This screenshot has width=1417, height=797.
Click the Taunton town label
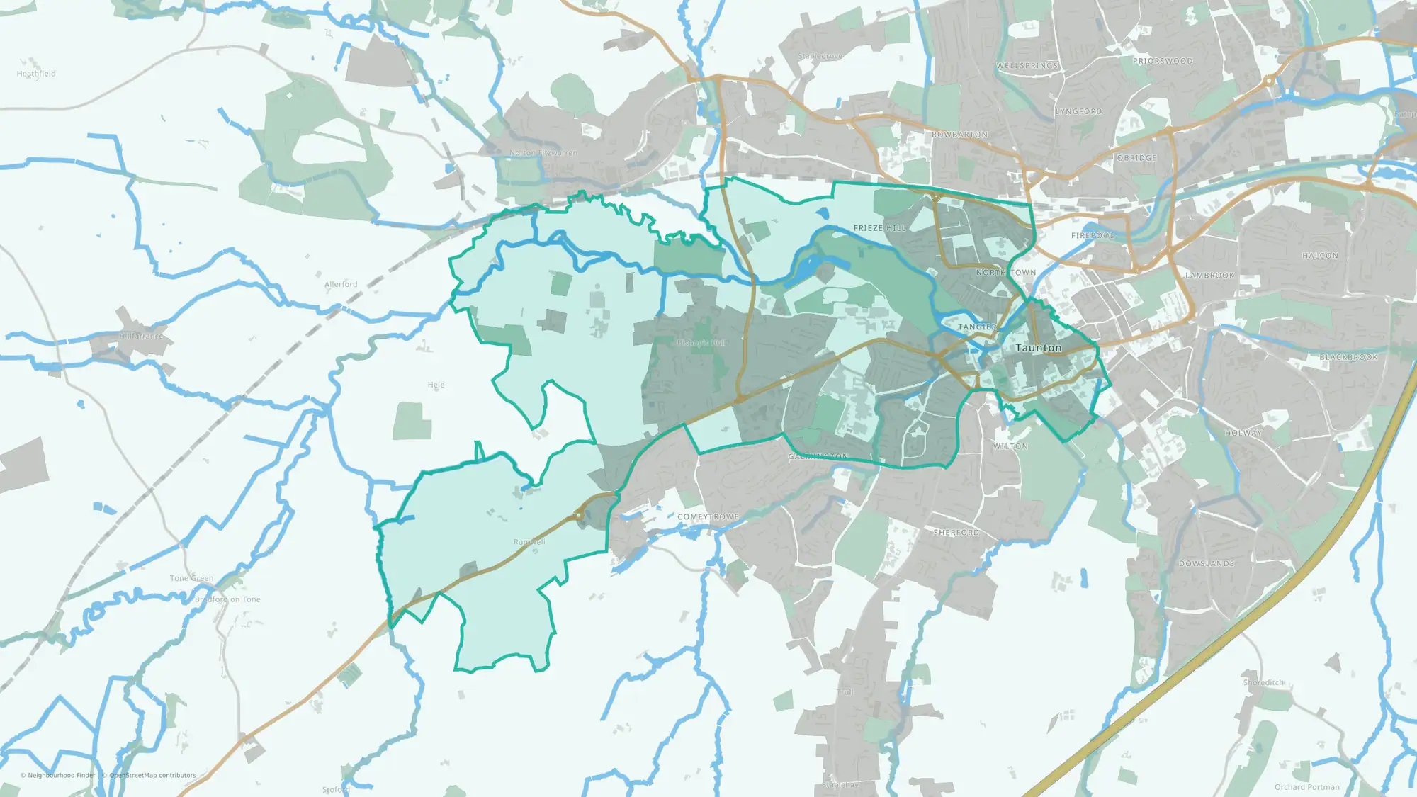pyautogui.click(x=1038, y=348)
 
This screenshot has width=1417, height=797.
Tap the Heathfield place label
pyautogui.click(x=36, y=74)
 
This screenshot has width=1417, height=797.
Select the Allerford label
pyautogui.click(x=341, y=284)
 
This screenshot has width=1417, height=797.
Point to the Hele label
pyautogui.click(x=436, y=385)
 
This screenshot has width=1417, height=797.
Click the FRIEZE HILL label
pyautogui.click(x=879, y=228)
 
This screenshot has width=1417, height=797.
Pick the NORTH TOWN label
pyautogui.click(x=1005, y=273)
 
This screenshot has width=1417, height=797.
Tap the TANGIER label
pyautogui.click(x=977, y=327)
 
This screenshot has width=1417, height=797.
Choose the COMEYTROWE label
pyautogui.click(x=708, y=517)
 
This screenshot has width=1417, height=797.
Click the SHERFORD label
pyautogui.click(x=956, y=533)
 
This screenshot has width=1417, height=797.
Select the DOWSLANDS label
pyautogui.click(x=1206, y=564)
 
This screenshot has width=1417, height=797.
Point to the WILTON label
pyautogui.click(x=1010, y=447)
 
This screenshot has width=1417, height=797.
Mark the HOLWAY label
pyautogui.click(x=1243, y=434)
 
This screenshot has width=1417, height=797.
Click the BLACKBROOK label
pyautogui.click(x=1348, y=358)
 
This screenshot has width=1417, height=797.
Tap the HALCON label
pyautogui.click(x=1320, y=256)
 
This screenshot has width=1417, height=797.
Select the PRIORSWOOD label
pyautogui.click(x=1162, y=62)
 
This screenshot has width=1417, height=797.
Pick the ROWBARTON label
pyautogui.click(x=959, y=135)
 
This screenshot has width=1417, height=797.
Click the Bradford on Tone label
pyautogui.click(x=227, y=599)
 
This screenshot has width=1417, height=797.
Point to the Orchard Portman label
pyautogui.click(x=1306, y=787)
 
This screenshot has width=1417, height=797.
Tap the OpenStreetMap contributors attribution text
pyautogui.click(x=152, y=776)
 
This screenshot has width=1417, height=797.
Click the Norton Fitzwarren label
pyautogui.click(x=543, y=153)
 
